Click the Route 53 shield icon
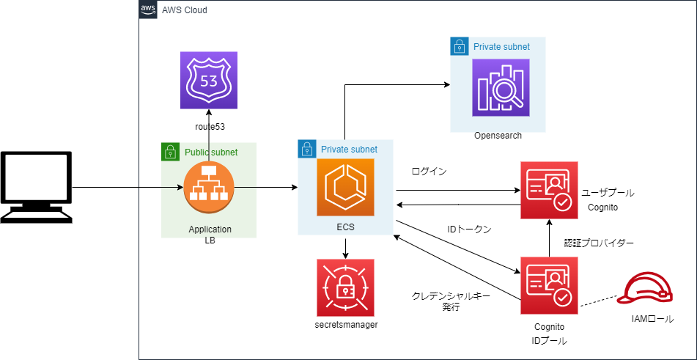(209, 81)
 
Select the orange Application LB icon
(208, 188)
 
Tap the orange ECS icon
(345, 188)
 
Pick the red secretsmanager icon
(345, 287)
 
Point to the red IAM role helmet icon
(645, 289)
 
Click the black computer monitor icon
(37, 187)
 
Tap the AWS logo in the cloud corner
(148, 10)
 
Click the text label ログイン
(430, 171)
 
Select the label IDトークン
(469, 229)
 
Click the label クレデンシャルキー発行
(451, 301)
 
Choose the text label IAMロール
(652, 319)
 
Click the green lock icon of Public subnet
(170, 152)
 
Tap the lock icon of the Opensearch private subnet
(459, 47)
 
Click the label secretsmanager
(345, 324)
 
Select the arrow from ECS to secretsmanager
(345, 247)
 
